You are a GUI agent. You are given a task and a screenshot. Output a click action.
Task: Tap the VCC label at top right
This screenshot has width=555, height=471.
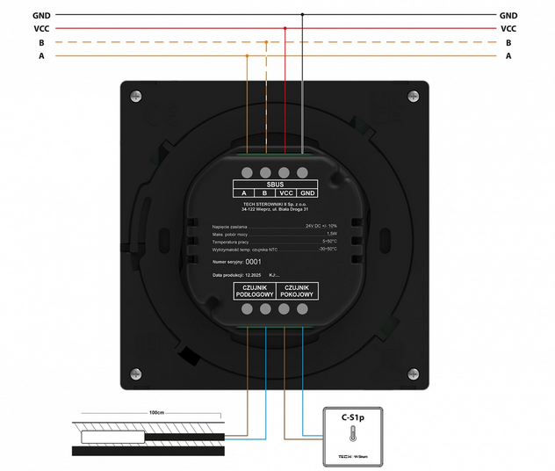pos(508,28)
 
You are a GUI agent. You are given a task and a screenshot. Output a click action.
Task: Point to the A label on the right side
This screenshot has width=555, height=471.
pos(508,56)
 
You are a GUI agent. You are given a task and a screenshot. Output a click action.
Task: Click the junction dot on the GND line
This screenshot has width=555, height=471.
pos(303,14)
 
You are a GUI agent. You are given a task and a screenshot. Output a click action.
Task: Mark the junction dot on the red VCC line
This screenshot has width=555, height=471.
pos(285,28)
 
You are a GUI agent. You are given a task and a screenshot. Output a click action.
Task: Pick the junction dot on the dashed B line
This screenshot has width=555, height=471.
pos(266,42)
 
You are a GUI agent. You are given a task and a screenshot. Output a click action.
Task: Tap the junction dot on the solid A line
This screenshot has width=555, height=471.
pos(248,56)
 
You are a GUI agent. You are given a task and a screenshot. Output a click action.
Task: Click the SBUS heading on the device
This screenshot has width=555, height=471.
pos(275,185)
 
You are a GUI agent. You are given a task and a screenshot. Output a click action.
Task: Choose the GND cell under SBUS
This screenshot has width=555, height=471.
pos(306,193)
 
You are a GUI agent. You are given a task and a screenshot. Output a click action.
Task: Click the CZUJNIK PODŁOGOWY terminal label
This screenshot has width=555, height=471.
pos(255,291)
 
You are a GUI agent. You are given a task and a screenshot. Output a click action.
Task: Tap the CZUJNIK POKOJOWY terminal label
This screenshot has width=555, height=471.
pos(296,291)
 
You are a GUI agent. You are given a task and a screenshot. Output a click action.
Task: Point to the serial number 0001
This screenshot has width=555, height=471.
pos(253,262)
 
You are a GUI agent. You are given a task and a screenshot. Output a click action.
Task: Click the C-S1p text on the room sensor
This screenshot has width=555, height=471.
pos(352,417)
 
